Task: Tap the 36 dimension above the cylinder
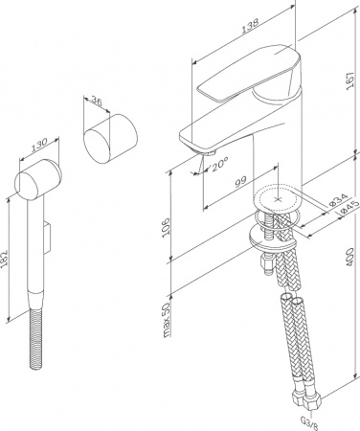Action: [95, 102]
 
